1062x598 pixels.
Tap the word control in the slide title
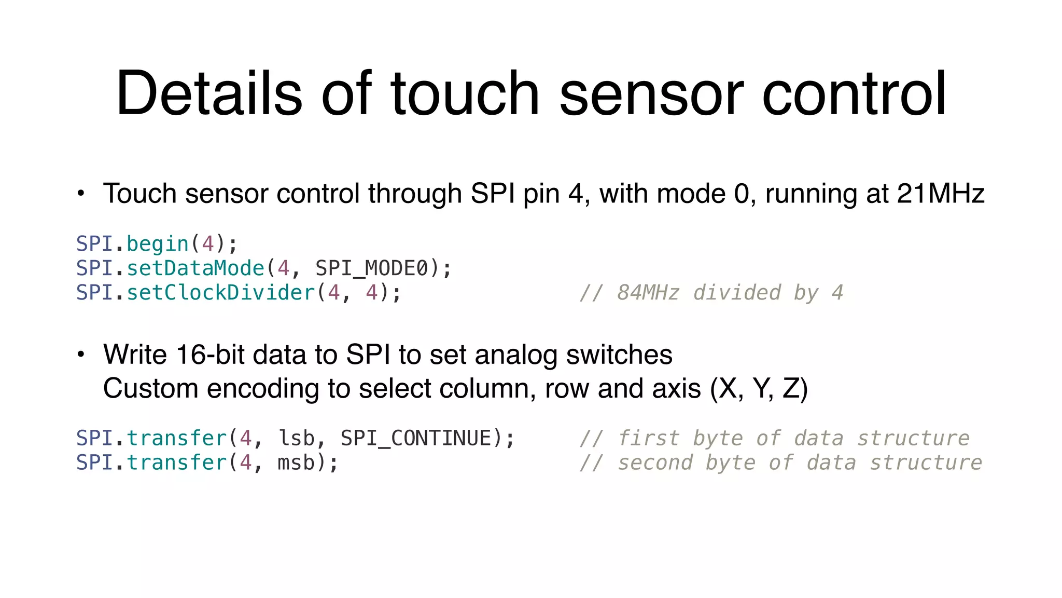(854, 93)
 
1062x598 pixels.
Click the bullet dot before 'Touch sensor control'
(80, 194)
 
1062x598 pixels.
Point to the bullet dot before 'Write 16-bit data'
(80, 355)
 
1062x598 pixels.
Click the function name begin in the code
(158, 244)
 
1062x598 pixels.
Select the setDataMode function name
(195, 268)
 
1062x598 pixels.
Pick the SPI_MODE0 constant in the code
(372, 268)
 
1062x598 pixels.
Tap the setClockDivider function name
(221, 293)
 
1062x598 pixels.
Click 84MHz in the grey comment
(648, 293)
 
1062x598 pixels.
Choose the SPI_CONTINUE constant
(416, 439)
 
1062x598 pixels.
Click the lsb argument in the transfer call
(296, 439)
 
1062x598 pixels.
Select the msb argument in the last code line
(296, 463)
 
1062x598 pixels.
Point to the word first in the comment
(648, 439)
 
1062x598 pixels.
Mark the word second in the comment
(655, 463)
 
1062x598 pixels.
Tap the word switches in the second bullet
(619, 355)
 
